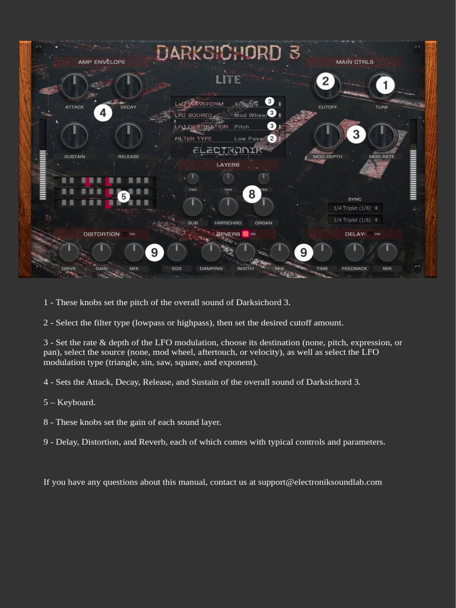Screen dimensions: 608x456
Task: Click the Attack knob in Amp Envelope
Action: click(74, 87)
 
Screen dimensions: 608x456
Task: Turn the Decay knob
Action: click(128, 87)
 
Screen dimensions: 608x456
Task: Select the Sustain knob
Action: click(74, 137)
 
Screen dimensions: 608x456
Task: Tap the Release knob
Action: click(128, 137)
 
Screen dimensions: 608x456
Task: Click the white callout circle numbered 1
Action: click(385, 86)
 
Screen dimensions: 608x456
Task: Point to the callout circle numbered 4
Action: click(103, 113)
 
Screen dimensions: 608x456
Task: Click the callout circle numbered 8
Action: click(252, 194)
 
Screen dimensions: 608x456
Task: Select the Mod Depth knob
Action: click(327, 137)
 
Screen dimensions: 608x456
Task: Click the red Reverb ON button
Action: click(245, 234)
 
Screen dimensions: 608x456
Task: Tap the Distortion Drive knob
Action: click(69, 252)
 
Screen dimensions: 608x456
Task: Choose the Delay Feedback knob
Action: click(354, 252)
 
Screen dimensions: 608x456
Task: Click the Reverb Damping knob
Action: click(211, 252)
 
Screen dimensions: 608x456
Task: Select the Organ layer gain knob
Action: click(263, 207)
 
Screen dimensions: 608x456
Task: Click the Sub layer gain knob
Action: click(192, 207)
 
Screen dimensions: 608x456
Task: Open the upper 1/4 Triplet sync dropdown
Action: click(355, 208)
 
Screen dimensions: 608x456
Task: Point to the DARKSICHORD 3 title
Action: click(228, 53)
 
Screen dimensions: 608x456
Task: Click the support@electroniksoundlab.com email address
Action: click(319, 482)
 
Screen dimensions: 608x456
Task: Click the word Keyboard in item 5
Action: click(76, 403)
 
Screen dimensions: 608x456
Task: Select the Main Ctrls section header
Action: click(354, 62)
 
